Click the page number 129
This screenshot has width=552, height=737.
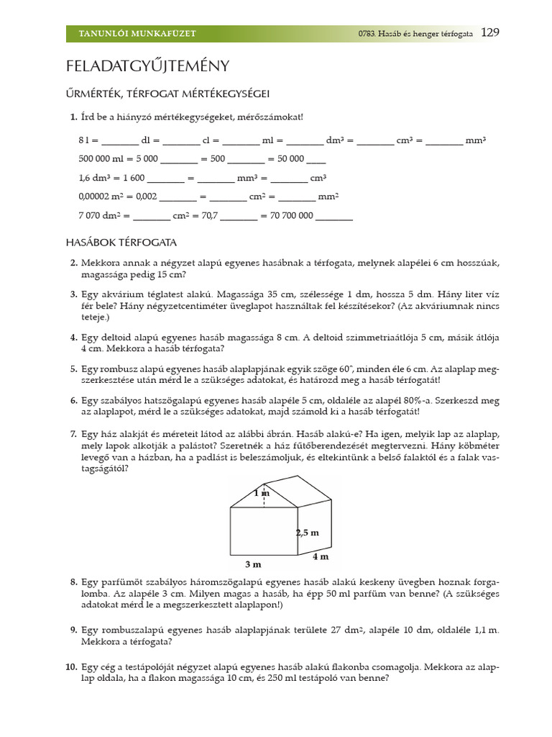pyautogui.click(x=489, y=32)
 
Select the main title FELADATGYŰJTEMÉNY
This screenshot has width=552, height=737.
pyautogui.click(x=147, y=66)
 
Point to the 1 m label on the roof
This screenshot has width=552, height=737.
pyautogui.click(x=262, y=493)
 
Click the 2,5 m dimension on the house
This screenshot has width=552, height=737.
pyautogui.click(x=307, y=533)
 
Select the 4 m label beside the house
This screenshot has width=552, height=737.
pyautogui.click(x=321, y=556)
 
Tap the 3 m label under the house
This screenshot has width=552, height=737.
pyautogui.click(x=252, y=564)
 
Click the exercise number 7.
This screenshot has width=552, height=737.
pyautogui.click(x=73, y=434)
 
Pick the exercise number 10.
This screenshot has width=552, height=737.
pyautogui.click(x=71, y=666)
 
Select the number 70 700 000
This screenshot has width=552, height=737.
pyautogui.click(x=293, y=214)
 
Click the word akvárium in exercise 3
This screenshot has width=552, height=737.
pyautogui.click(x=122, y=294)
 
